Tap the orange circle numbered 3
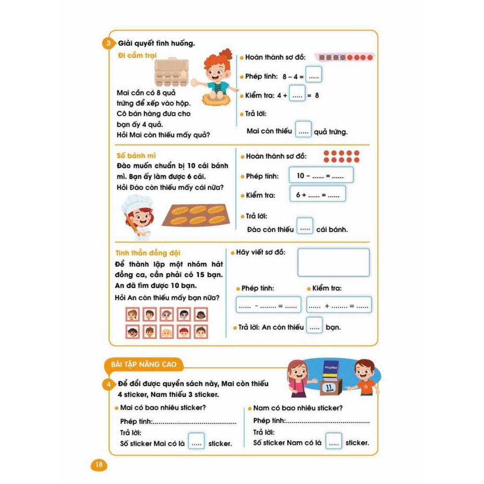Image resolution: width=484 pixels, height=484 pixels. point(108,43)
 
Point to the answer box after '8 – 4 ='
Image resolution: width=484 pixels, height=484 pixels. point(313,76)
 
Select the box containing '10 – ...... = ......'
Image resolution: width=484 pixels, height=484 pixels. point(321,176)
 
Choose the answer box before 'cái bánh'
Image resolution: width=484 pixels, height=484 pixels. point(305,228)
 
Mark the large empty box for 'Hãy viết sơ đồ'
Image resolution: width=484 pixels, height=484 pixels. point(333,262)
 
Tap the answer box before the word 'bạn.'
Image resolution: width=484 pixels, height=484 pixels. point(313,327)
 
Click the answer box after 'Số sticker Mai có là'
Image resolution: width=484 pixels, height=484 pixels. point(196,443)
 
